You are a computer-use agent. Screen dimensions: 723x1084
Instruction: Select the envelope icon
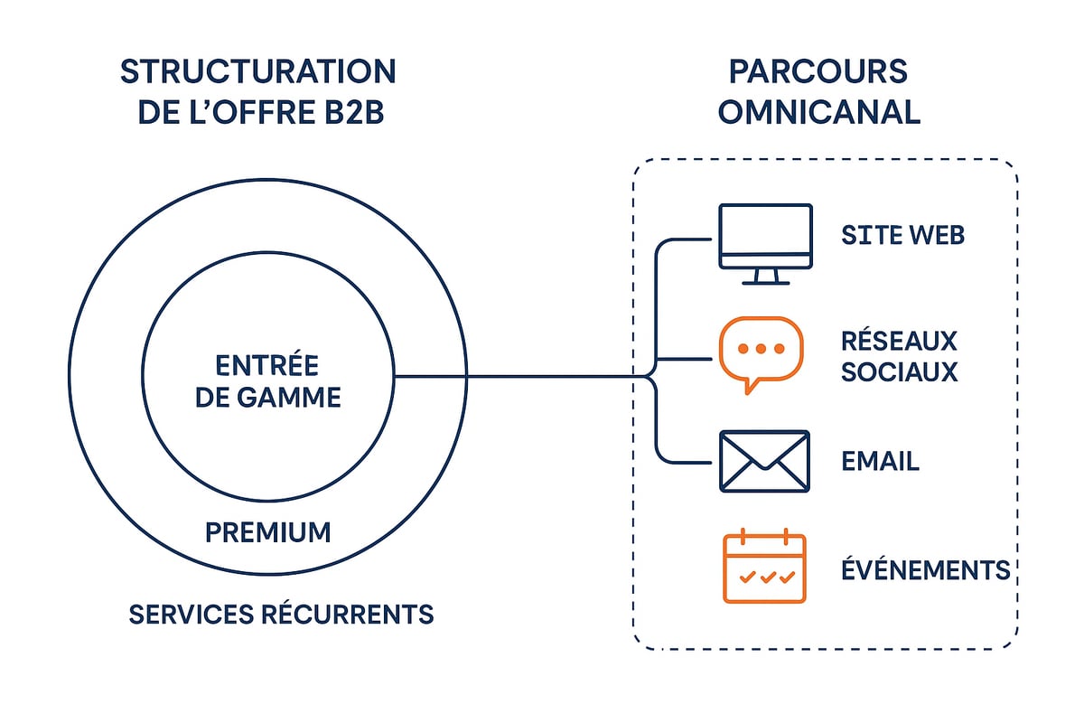[764, 461]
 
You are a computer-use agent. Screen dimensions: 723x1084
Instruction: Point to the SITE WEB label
[902, 236]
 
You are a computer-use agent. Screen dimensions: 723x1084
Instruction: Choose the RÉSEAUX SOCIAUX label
[899, 356]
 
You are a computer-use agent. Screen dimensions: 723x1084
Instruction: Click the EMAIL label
[880, 462]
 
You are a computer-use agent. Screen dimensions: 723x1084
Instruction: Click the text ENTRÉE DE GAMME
[268, 380]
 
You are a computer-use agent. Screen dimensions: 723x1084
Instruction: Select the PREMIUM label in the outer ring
[268, 532]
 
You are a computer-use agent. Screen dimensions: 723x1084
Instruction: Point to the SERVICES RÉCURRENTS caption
[281, 615]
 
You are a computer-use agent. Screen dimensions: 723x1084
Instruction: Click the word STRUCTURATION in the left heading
[257, 72]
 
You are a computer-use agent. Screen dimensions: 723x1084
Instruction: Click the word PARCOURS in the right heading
[818, 72]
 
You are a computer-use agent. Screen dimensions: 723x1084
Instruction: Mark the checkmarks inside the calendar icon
[764, 577]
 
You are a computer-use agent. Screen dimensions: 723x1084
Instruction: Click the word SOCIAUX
[899, 371]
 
